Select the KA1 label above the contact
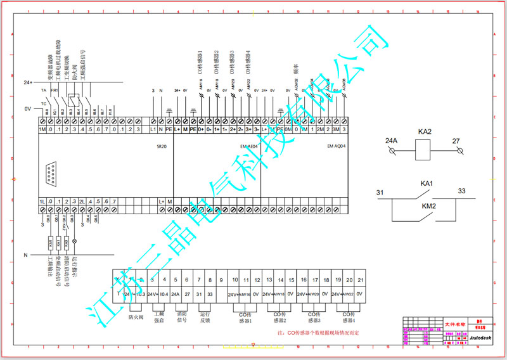click(x=427, y=184)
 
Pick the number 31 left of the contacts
click(x=380, y=192)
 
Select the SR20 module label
click(x=163, y=146)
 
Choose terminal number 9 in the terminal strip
click(x=221, y=280)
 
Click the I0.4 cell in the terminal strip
click(x=164, y=294)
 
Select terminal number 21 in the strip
click(x=361, y=280)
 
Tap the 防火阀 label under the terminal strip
click(x=134, y=316)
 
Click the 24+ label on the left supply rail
click(x=27, y=83)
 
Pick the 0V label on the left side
click(x=27, y=109)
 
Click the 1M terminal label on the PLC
click(x=42, y=130)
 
